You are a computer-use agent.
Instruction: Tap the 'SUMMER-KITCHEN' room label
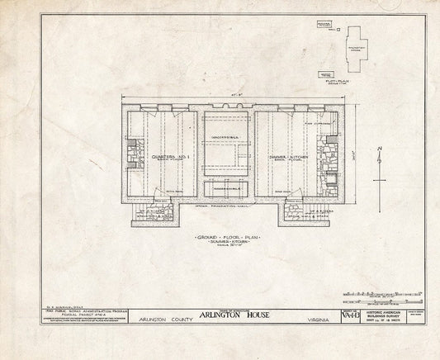(288, 156)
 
